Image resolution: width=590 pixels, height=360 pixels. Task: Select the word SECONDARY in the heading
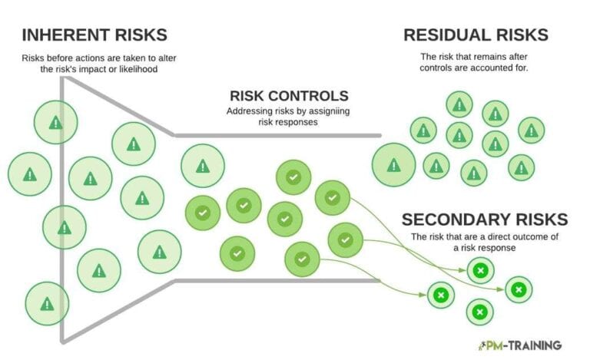pyautogui.click(x=461, y=220)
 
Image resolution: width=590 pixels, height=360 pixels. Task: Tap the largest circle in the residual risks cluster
pyautogui.click(x=394, y=165)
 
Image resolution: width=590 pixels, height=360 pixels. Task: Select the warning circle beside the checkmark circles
pyautogui.click(x=202, y=166)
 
